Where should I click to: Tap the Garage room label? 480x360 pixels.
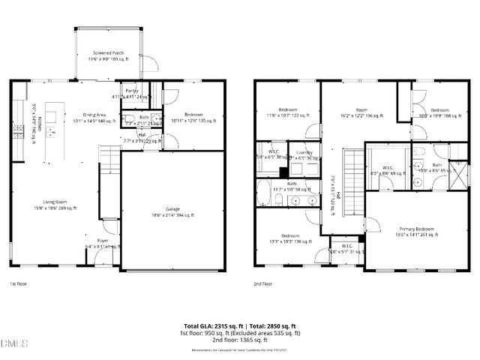coord(173,212)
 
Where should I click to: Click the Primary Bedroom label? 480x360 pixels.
coord(410,231)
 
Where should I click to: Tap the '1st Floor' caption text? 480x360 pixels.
coord(19,284)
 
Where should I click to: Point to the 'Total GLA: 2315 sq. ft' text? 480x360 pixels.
coord(211,326)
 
